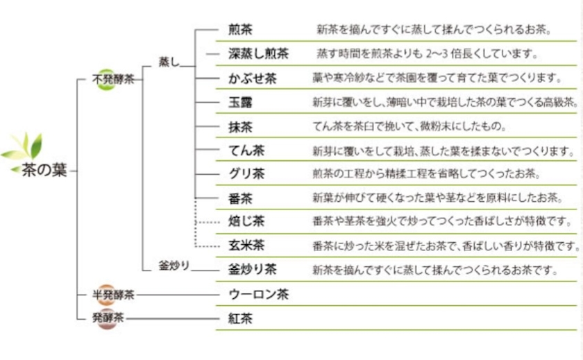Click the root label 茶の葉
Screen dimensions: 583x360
coord(44,170)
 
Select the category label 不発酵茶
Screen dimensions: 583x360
coord(113,79)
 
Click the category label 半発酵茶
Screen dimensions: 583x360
coord(113,295)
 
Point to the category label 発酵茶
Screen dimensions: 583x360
coord(108,318)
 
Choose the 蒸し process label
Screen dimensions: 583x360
coord(169,62)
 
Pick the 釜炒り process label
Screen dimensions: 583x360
coord(174,265)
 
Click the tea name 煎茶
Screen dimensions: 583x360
coord(240,29)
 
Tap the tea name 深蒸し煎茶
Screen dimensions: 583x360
coord(258,53)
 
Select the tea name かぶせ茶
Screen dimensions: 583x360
coord(253,78)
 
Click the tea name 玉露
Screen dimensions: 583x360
coord(240,102)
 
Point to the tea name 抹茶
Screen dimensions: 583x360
coord(240,127)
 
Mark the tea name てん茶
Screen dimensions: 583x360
coord(246,151)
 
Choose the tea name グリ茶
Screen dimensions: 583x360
coord(246,173)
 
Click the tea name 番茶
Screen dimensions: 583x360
coord(240,198)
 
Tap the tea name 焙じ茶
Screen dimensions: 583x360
coord(246,221)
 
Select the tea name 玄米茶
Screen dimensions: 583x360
coord(246,245)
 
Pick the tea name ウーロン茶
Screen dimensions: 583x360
coord(258,295)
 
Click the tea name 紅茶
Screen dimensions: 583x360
coord(240,318)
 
